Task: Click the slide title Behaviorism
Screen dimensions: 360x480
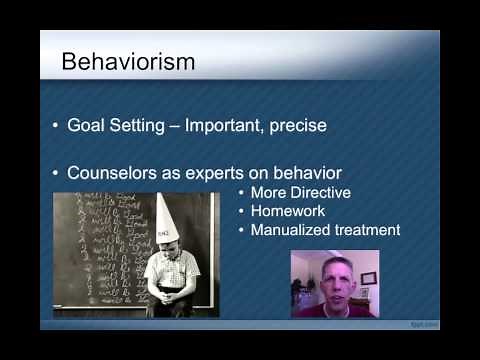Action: (128, 62)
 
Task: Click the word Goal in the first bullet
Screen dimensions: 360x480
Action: (87, 127)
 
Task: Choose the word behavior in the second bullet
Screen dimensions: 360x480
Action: (310, 172)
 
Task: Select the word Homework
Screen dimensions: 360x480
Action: (288, 211)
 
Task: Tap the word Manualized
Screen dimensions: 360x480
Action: (293, 230)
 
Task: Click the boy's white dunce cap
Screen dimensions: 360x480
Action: (166, 218)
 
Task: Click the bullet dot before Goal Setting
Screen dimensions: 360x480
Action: (55, 127)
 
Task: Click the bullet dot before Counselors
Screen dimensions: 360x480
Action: (55, 172)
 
